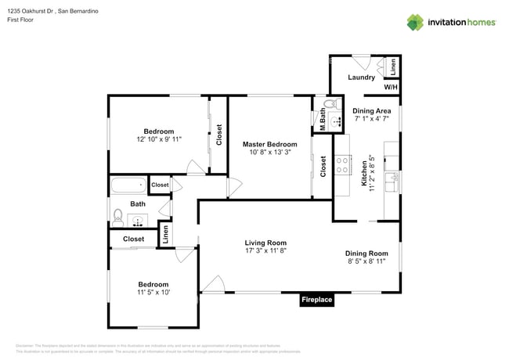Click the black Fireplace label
[317, 300]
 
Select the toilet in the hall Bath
[117, 214]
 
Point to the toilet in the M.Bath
[330, 104]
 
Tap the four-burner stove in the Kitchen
[342, 164]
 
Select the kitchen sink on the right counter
[394, 178]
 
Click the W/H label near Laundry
[390, 87]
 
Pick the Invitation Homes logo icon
[414, 21]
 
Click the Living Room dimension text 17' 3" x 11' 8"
[265, 251]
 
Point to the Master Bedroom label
[269, 144]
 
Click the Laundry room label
[362, 77]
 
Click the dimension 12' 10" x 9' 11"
[158, 139]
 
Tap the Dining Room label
[366, 253]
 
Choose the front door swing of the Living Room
[212, 285]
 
